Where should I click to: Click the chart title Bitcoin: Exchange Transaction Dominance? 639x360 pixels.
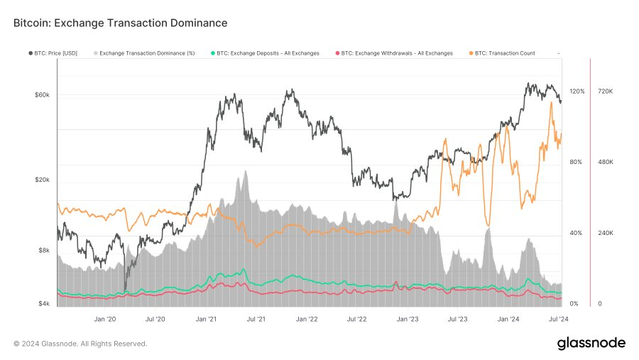120,23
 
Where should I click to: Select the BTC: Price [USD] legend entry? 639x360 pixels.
60,53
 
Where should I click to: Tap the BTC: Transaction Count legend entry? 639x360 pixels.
504,53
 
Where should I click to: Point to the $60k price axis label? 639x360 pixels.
43,95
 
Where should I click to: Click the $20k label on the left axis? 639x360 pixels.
43,180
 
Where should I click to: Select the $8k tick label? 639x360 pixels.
44,251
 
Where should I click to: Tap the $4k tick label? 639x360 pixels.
44,304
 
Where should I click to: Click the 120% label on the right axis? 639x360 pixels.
577,92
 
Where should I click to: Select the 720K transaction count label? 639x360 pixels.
606,92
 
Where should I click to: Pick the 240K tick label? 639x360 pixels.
606,234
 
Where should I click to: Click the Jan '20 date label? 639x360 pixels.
104,320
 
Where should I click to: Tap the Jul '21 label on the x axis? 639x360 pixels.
256,320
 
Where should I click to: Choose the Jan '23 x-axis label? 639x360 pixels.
408,320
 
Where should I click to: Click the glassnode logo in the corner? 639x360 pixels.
591,344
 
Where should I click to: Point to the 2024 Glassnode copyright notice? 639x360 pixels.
80,344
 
